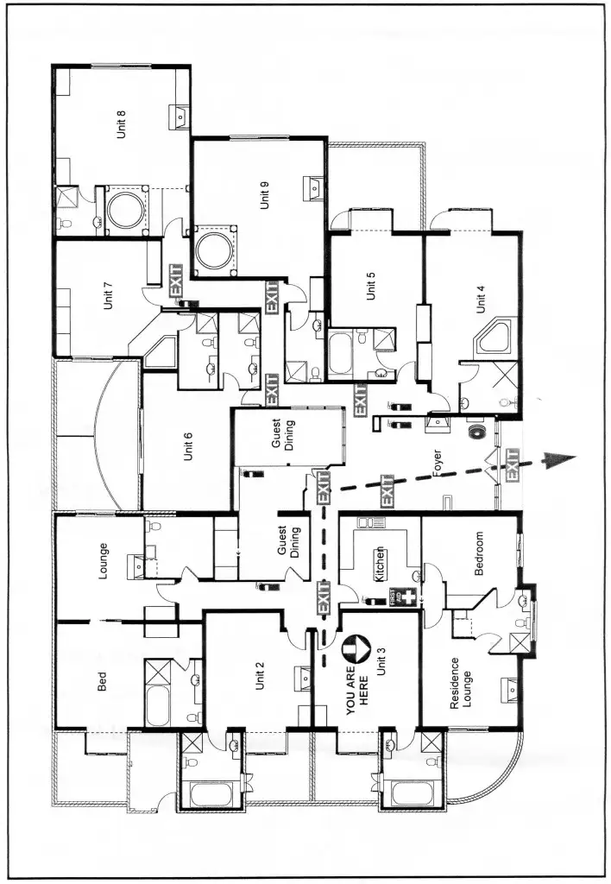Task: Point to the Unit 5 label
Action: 371,286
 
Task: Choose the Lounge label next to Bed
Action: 104,559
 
